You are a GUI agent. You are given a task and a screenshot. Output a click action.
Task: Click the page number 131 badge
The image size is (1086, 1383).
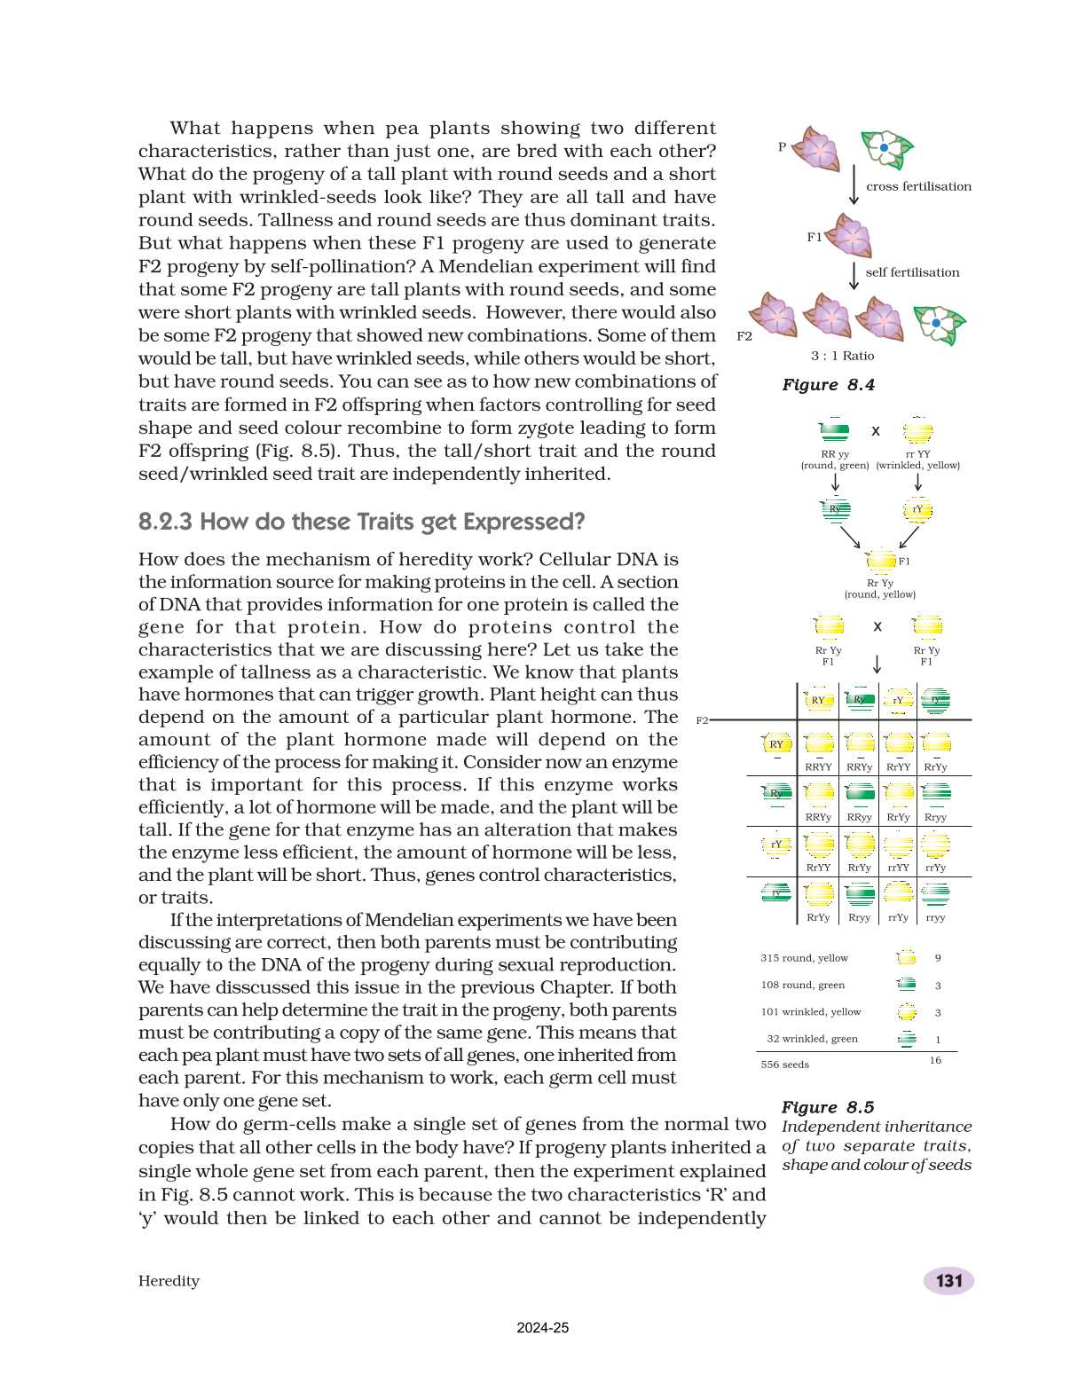tap(948, 1280)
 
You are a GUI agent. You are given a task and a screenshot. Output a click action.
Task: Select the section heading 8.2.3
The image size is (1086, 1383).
tap(361, 522)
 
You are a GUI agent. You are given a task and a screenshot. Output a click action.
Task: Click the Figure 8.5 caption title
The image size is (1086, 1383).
tap(827, 1107)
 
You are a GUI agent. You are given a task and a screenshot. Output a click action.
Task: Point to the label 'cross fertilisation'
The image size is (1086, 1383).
tap(918, 186)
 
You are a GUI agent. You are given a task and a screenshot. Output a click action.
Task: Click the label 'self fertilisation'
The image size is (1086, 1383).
tap(912, 272)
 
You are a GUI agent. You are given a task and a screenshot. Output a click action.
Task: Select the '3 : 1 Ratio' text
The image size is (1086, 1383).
tap(842, 356)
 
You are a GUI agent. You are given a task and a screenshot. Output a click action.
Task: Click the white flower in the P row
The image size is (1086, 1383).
tap(886, 149)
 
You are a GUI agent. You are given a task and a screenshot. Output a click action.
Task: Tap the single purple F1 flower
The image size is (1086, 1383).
tap(850, 236)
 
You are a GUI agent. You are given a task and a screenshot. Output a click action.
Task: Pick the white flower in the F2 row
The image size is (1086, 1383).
tap(939, 324)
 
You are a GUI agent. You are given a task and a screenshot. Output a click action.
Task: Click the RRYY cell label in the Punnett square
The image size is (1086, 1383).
tap(818, 766)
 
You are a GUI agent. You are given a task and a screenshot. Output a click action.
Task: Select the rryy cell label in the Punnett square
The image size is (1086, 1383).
tap(935, 917)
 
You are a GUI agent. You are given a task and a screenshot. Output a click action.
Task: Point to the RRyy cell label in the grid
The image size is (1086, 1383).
tap(859, 817)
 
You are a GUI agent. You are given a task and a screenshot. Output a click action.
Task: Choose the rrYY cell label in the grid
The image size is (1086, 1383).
tap(898, 868)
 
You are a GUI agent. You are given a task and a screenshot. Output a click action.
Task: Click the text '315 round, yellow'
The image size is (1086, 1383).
tap(804, 958)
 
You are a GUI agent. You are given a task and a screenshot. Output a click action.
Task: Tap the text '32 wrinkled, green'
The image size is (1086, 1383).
tap(812, 1039)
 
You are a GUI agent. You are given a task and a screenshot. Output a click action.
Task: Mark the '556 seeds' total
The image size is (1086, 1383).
tap(784, 1065)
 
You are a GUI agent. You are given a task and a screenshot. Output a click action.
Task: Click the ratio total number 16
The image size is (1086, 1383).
tap(935, 1060)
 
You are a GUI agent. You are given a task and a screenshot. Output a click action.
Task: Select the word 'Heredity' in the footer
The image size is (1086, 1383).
tap(169, 1281)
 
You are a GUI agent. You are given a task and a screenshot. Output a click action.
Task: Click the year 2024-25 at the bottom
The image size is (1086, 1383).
tap(542, 1328)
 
